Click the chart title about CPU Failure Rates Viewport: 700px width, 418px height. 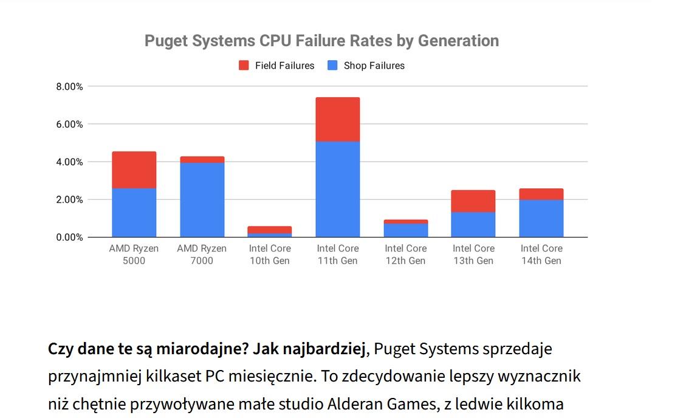(321, 41)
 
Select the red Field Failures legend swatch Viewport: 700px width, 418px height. (244, 66)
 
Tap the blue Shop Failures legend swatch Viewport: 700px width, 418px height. (332, 66)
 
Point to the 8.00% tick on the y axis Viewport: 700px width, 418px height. (70, 87)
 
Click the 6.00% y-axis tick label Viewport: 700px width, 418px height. (70, 124)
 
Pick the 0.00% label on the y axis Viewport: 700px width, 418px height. (70, 237)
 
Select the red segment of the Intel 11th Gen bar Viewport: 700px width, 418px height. (337, 119)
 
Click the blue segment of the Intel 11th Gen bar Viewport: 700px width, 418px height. (337, 190)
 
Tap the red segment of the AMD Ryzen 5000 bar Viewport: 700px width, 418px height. (134, 170)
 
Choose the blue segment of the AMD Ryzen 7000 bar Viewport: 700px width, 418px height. (202, 200)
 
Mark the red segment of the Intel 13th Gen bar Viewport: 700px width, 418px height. (473, 201)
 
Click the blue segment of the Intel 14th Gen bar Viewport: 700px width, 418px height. (541, 218)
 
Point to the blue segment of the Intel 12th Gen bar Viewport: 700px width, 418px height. (406, 230)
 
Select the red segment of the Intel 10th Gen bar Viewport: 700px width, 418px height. (270, 230)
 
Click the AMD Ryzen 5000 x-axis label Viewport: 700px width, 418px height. (134, 255)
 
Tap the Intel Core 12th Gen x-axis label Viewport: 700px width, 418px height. (406, 255)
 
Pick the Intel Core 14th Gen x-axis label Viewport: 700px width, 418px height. (541, 255)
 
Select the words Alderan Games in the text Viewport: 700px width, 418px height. (381, 404)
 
